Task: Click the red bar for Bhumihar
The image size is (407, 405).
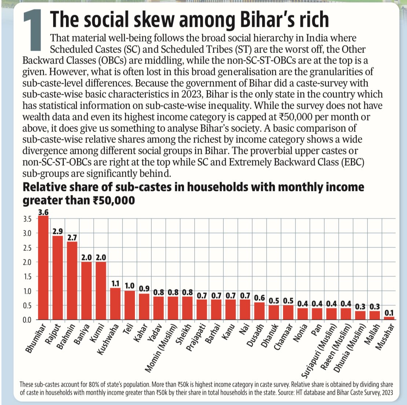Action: coord(44,268)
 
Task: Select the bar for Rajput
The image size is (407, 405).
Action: coord(58,278)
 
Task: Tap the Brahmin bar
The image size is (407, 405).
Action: coord(72,281)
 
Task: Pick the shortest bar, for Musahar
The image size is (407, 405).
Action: coord(389,318)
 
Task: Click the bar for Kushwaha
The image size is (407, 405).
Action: coord(115,304)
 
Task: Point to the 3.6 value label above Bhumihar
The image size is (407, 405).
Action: coord(44,212)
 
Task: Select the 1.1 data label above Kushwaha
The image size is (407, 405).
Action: coord(115,283)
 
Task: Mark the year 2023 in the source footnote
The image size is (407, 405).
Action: coord(385,393)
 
